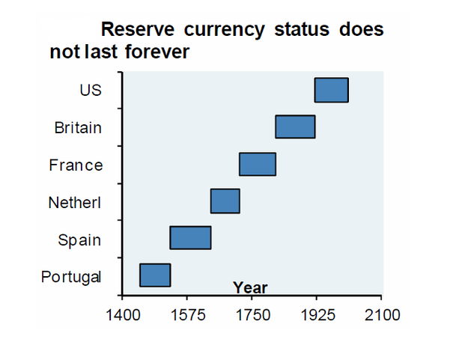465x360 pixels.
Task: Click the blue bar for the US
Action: (331, 90)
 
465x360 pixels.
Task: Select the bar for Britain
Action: (295, 127)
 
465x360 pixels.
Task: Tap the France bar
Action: (258, 164)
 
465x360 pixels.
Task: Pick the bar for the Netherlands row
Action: (225, 201)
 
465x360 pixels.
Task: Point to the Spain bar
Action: (190, 237)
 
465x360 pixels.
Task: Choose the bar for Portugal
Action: (155, 275)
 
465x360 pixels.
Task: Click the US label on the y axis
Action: (90, 91)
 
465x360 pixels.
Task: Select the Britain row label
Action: (78, 128)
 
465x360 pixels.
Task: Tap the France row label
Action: (76, 165)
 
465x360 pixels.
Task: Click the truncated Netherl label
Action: (74, 203)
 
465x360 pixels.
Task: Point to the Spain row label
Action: (79, 240)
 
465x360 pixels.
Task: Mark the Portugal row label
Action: (71, 277)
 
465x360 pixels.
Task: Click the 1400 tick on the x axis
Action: (121, 311)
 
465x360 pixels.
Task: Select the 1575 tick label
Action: (186, 311)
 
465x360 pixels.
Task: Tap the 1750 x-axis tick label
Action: (252, 311)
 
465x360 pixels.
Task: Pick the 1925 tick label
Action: (317, 311)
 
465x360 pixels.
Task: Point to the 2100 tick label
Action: (382, 311)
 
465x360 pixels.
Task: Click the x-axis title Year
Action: (250, 287)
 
